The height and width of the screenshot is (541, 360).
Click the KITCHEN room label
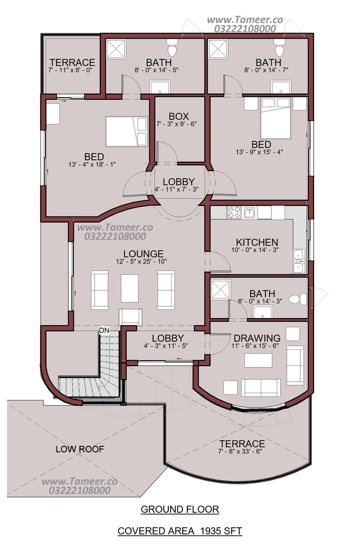257,242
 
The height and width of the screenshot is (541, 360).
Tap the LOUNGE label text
144,254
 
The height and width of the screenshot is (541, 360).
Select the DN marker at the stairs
104,330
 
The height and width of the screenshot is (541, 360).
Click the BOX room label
178,116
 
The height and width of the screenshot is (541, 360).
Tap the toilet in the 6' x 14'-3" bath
298,299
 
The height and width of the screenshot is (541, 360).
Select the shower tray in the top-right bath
218,49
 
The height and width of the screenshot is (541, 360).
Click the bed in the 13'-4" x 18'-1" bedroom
126,132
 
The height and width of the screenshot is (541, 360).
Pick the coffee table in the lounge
130,288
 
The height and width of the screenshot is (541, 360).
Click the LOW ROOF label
80,449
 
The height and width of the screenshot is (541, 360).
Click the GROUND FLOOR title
179,509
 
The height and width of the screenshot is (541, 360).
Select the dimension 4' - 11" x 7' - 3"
176,189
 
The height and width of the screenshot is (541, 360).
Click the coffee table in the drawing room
258,360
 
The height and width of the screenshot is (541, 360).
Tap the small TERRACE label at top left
72,62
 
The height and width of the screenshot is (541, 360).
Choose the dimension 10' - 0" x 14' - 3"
255,250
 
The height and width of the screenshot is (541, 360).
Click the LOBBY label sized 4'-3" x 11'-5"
168,338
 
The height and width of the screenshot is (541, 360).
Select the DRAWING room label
257,338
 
